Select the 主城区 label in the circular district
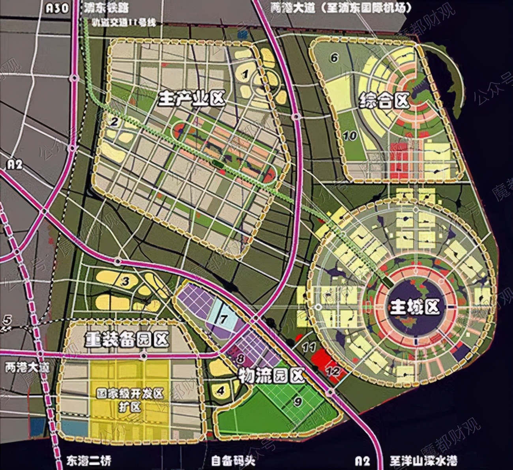point(414,307)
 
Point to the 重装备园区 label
point(127,339)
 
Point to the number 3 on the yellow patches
point(125,282)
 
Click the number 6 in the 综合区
point(334,58)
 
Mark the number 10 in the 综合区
point(350,136)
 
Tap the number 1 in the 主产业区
point(246,73)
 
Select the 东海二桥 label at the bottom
point(87,461)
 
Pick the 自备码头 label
point(233,461)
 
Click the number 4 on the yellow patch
point(221,391)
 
